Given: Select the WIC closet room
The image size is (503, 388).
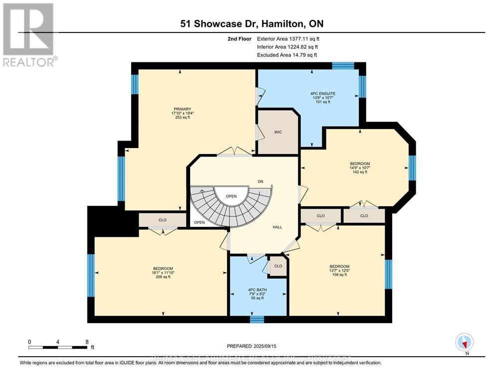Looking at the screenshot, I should tap(278, 133).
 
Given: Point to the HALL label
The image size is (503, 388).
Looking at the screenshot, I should tap(277, 227).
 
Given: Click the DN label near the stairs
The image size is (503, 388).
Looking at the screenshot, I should tap(260, 181).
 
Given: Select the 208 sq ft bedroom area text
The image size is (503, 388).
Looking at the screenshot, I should tap(163, 277).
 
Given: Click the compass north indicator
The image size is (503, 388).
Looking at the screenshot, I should tap(464, 343).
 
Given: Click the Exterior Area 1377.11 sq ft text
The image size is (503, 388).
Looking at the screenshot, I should tap(287, 38).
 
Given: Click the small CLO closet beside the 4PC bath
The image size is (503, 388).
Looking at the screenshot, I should tap(278, 266).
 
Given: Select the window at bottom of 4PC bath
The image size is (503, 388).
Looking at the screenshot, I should tap(256, 319).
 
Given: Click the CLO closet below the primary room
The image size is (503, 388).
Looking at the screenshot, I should tap(162, 220).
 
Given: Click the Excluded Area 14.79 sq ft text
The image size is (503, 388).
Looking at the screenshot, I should tap(287, 55).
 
